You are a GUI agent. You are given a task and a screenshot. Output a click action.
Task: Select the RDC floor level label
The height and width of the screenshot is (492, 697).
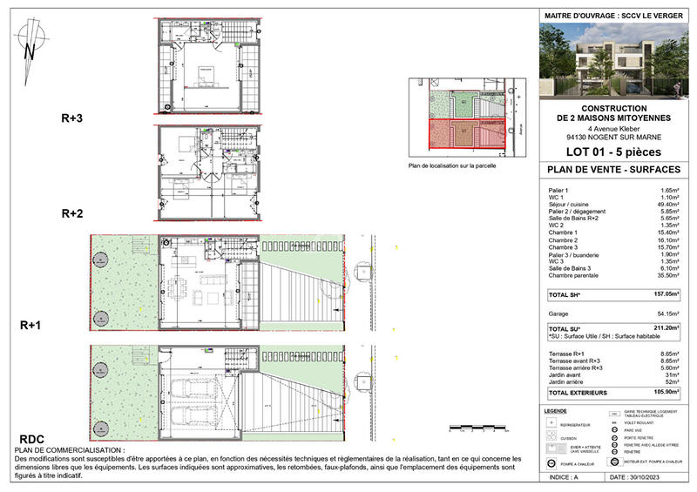click(33, 439)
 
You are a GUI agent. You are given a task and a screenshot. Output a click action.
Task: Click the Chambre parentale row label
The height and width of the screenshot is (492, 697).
click(576, 275)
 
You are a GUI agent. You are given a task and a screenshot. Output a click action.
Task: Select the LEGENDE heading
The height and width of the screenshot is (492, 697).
click(554, 410)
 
